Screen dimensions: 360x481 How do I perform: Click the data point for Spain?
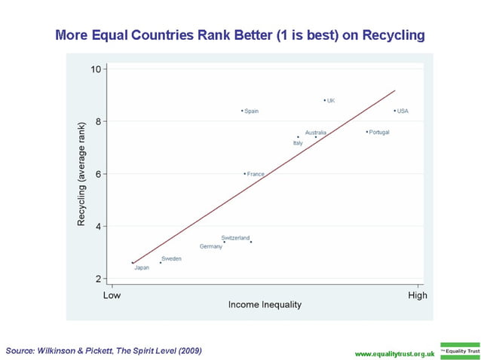pos(242,111)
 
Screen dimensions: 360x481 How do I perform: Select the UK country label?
pos(331,100)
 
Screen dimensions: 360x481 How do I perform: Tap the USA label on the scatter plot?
pos(403,111)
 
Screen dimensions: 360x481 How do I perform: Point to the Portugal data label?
pos(379,132)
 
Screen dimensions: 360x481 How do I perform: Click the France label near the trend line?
pos(256,174)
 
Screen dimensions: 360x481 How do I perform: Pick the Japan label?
pos(142,267)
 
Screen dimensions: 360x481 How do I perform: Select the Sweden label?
pos(171,258)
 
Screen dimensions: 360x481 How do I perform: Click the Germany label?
pos(211,246)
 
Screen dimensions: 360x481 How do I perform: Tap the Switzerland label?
pos(235,237)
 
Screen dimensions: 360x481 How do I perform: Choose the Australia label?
pos(316,132)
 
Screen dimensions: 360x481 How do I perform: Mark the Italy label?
pos(298,142)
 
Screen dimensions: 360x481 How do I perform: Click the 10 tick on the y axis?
pos(96,69)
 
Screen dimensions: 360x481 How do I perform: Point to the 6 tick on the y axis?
pos(99,174)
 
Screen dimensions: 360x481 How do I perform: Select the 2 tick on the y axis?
pos(99,279)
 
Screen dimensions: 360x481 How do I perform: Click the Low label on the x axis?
pos(112,295)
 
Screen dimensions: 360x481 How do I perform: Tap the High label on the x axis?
pos(417,295)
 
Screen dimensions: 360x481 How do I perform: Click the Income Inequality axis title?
pos(265,305)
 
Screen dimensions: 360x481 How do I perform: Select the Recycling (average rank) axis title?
pos(81,174)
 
